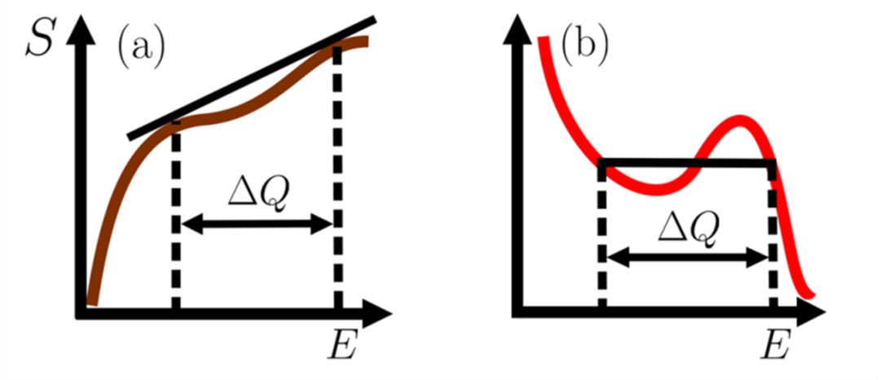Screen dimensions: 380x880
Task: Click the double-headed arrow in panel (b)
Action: click(x=688, y=258)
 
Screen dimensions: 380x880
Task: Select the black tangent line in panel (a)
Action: click(x=253, y=76)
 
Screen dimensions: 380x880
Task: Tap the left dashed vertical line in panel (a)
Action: click(x=175, y=220)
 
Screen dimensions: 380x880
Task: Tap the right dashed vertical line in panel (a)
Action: click(x=337, y=179)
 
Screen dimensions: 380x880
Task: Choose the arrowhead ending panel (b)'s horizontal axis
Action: click(x=814, y=311)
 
